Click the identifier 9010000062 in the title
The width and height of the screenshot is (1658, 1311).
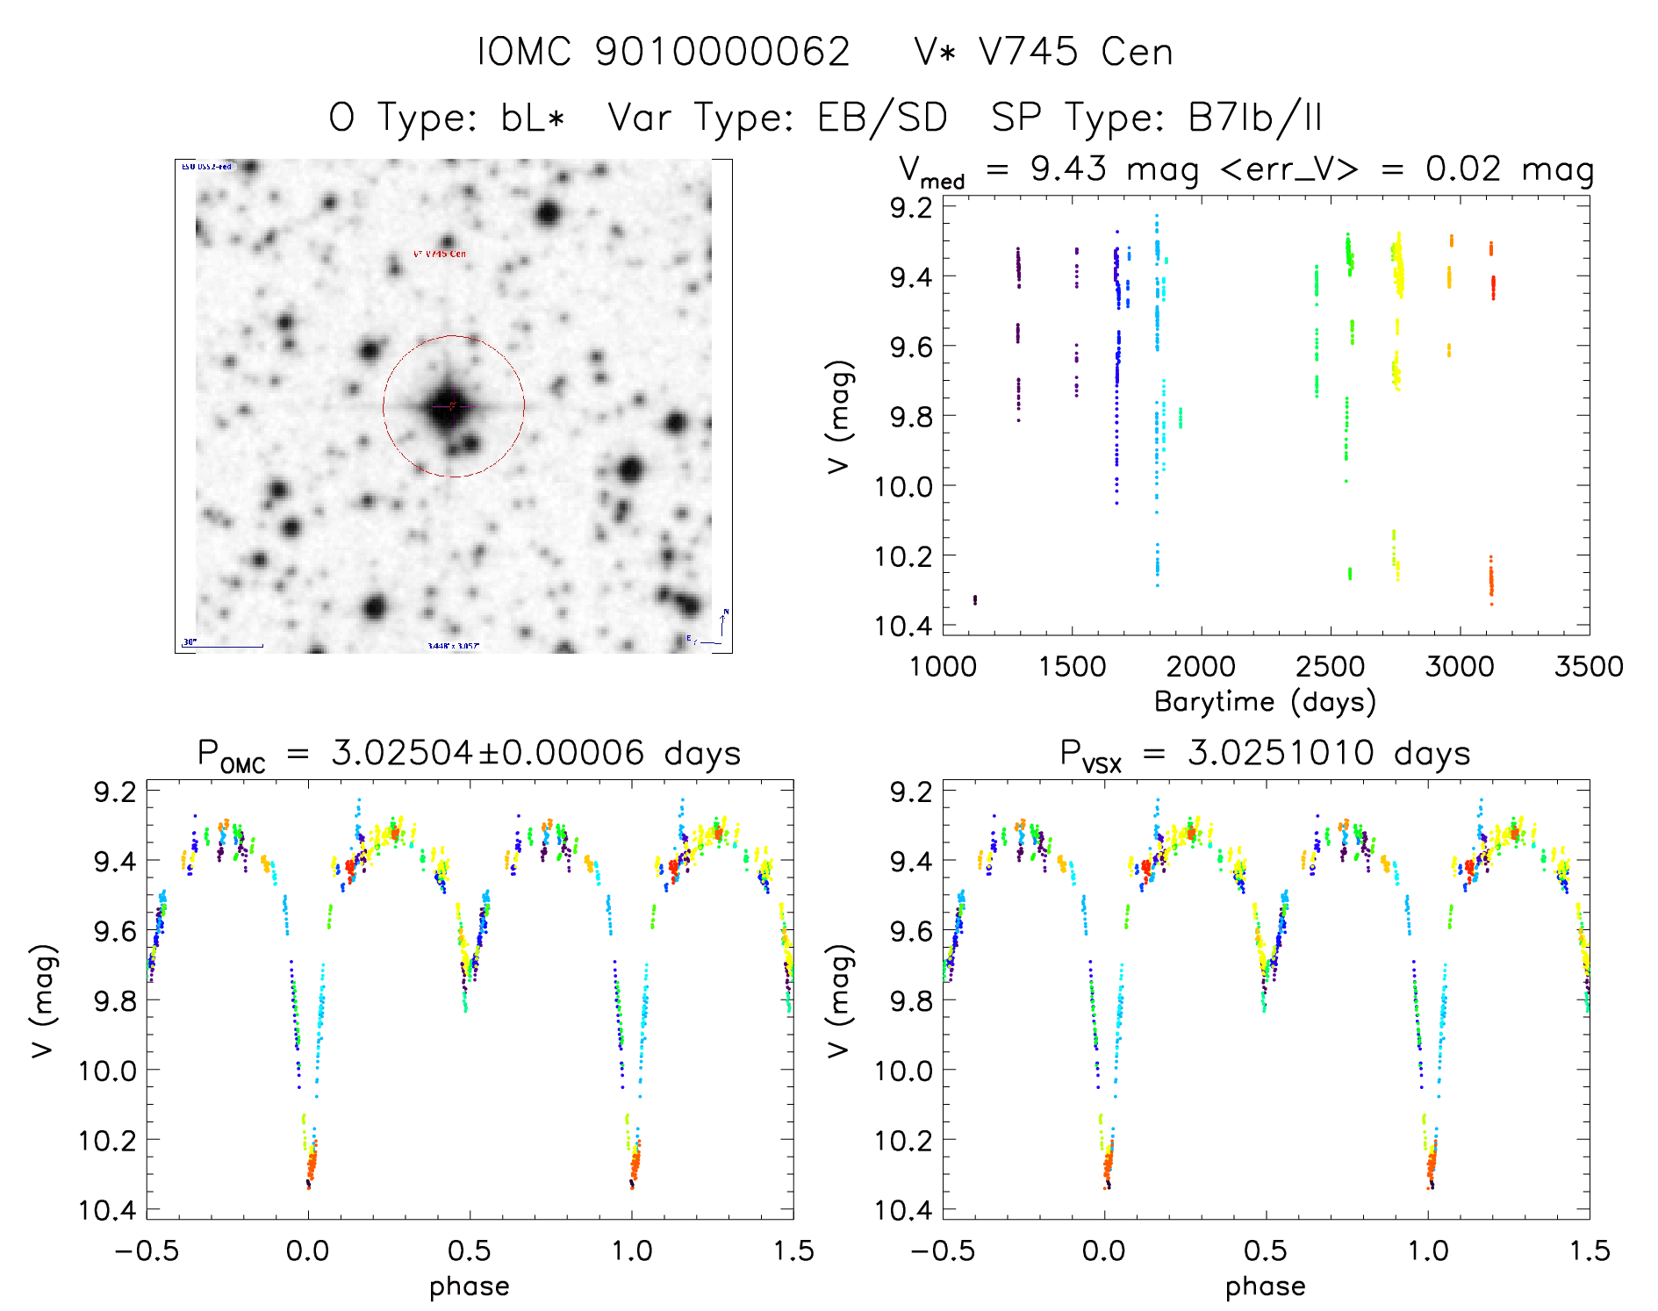pyautogui.click(x=722, y=53)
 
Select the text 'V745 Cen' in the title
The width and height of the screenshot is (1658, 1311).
pyautogui.click(x=1075, y=53)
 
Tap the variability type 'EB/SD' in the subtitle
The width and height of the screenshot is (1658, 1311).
pyautogui.click(x=882, y=118)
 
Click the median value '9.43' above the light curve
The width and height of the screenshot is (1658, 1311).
pyautogui.click(x=1068, y=168)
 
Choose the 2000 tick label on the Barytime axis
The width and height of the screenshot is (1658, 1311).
pyautogui.click(x=1201, y=667)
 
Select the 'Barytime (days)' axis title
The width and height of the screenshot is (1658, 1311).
pyautogui.click(x=1265, y=702)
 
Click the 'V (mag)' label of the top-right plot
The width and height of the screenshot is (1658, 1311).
pyautogui.click(x=839, y=417)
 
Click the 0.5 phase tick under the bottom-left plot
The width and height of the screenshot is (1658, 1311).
pyautogui.click(x=470, y=1251)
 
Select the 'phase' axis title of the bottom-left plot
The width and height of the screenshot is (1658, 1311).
pyautogui.click(x=470, y=1286)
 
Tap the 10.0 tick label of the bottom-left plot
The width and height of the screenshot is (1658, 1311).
pyautogui.click(x=107, y=1071)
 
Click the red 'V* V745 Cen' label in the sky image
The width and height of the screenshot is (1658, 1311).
pyautogui.click(x=440, y=254)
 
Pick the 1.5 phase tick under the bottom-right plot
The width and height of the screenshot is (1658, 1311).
pyautogui.click(x=1589, y=1251)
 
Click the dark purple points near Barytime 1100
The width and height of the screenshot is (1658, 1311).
pyautogui.click(x=975, y=600)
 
